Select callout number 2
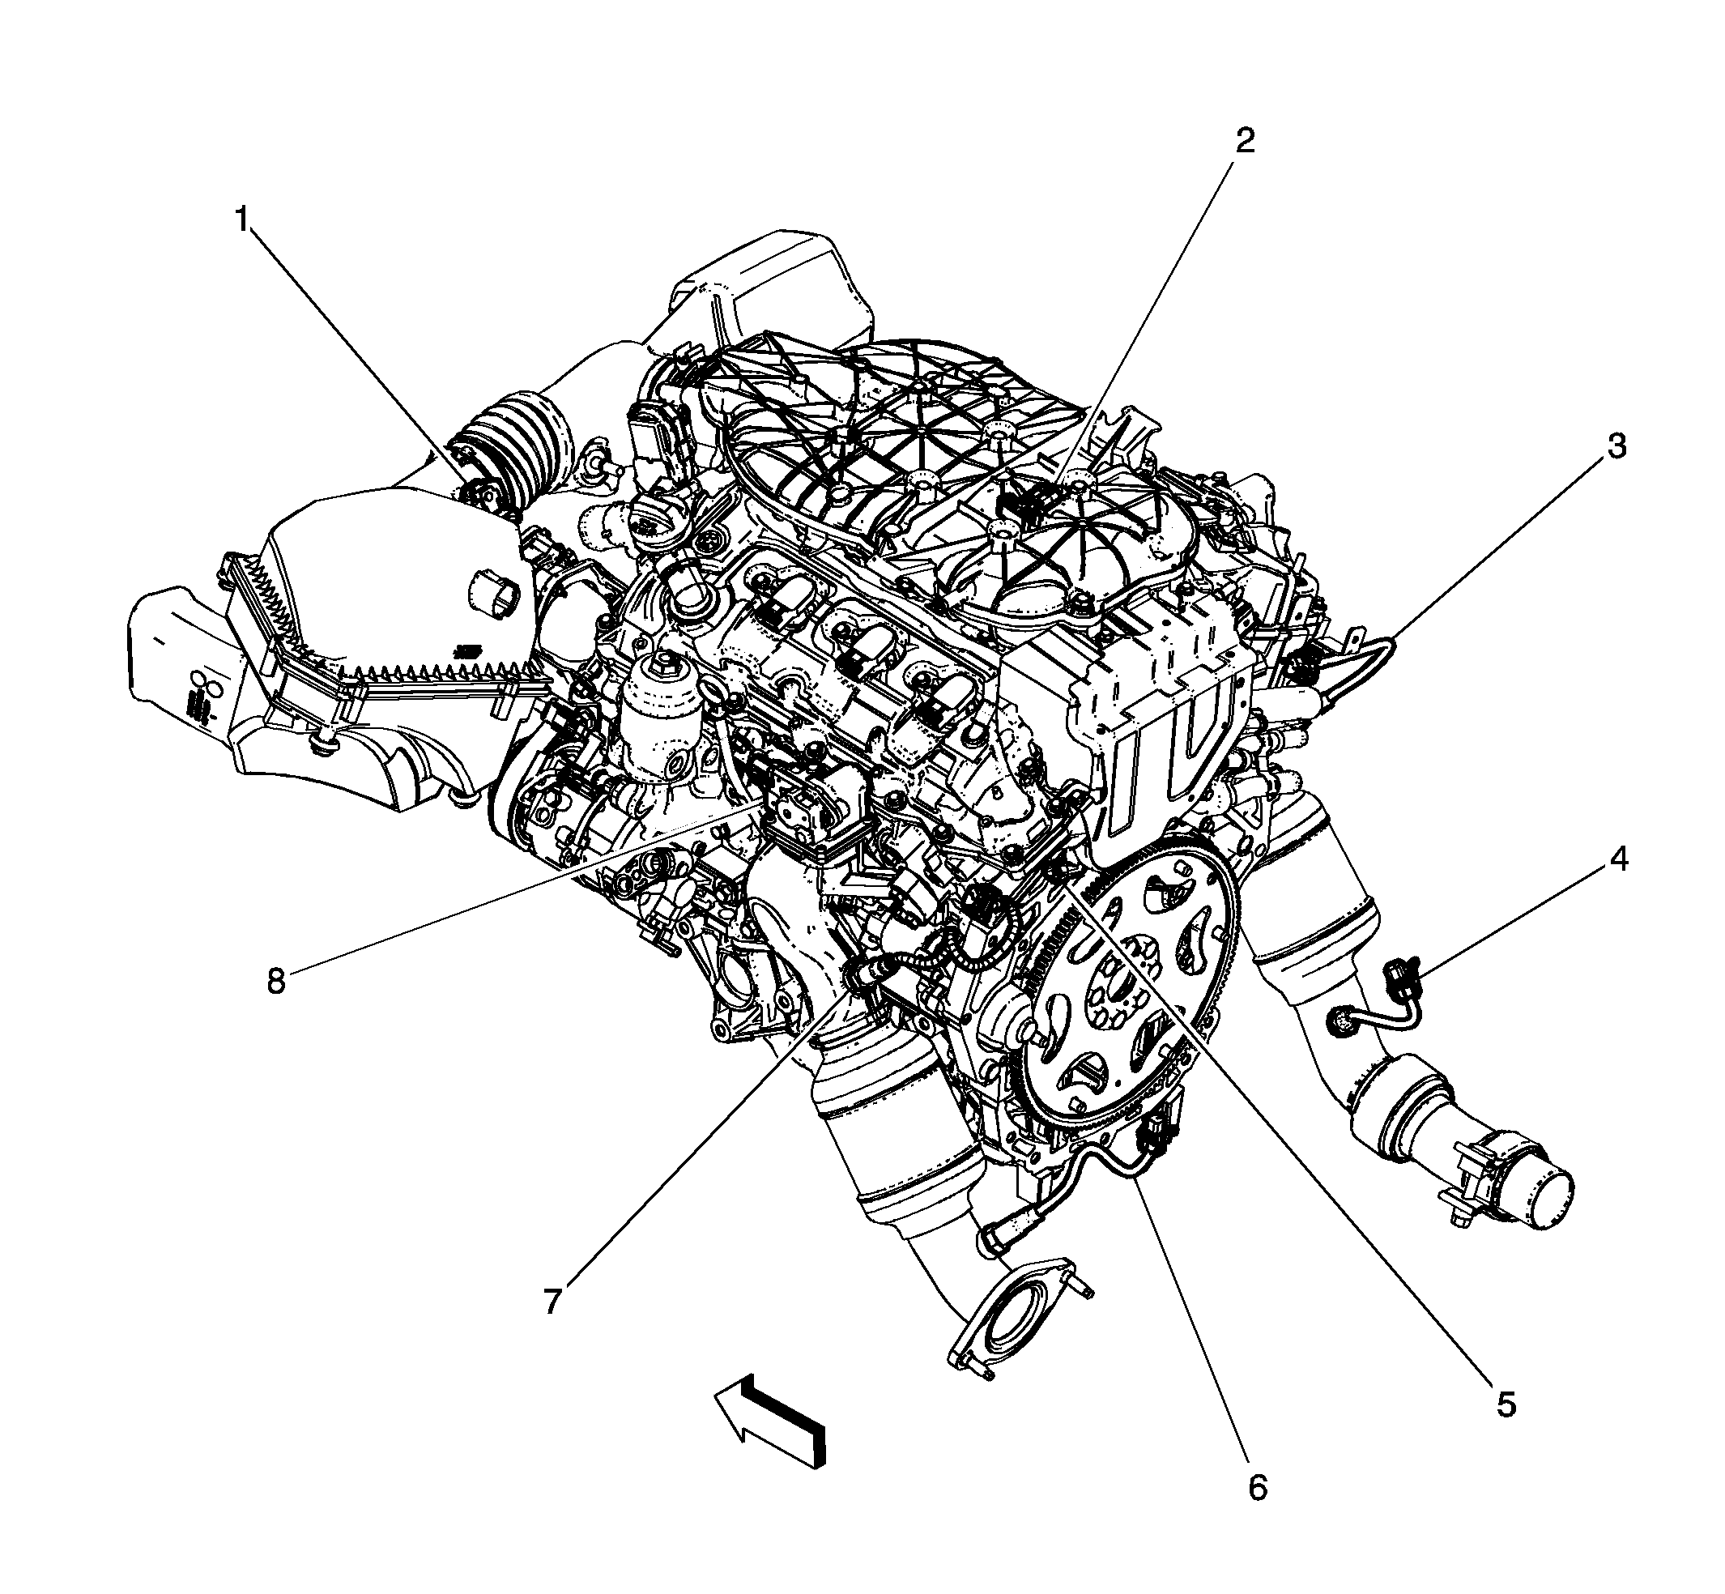coord(1243,141)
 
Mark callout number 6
coord(1258,1486)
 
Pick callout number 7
coord(552,1300)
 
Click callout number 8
coord(275,980)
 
